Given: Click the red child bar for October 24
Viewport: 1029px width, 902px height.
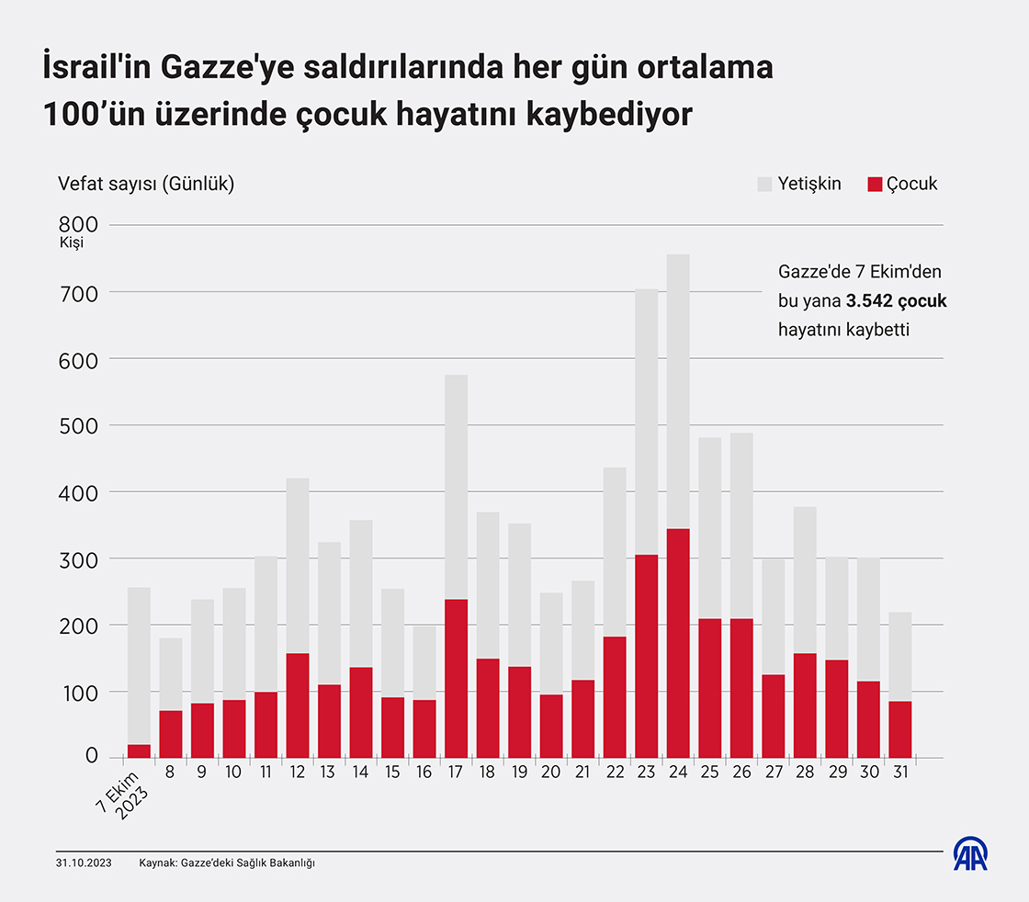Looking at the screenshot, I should pos(678,643).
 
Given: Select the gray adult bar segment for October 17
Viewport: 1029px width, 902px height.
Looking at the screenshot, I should pos(456,487).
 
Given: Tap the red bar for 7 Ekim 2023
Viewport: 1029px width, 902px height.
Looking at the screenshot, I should pos(139,751).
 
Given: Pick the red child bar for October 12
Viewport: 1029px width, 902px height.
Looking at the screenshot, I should pos(298,705).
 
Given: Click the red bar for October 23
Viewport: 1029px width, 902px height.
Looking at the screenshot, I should pos(647,656).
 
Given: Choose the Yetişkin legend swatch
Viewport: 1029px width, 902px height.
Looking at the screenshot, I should pos(764,184).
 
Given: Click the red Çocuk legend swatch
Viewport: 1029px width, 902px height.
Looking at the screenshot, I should pos(875,184).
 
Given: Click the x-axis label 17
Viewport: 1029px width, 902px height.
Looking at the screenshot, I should pos(455,773).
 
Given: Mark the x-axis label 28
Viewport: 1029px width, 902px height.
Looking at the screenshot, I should pos(805,773).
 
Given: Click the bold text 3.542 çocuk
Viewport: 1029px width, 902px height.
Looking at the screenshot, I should pos(897,300).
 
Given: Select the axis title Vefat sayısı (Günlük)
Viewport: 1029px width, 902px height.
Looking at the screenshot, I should pos(146,184).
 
